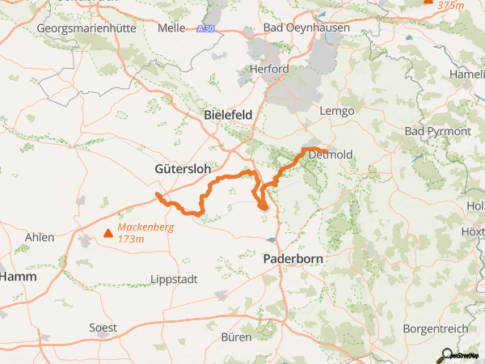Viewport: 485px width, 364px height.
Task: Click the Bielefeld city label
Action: [x=229, y=114]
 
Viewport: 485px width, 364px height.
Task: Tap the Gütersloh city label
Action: [x=183, y=169]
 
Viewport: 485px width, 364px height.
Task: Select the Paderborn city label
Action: [x=294, y=259]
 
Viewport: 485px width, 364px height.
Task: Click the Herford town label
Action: [x=270, y=70]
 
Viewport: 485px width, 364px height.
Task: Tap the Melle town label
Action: [x=171, y=28]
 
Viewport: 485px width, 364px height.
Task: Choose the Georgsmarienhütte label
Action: [x=85, y=28]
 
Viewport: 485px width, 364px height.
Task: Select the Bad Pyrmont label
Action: [x=436, y=131]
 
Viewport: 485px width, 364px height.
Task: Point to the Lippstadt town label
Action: [x=173, y=279]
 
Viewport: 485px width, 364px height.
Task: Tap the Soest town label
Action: [x=103, y=328]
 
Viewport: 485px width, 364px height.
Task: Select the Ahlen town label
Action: [x=40, y=237]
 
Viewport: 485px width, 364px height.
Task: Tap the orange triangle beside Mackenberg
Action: [x=108, y=235]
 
